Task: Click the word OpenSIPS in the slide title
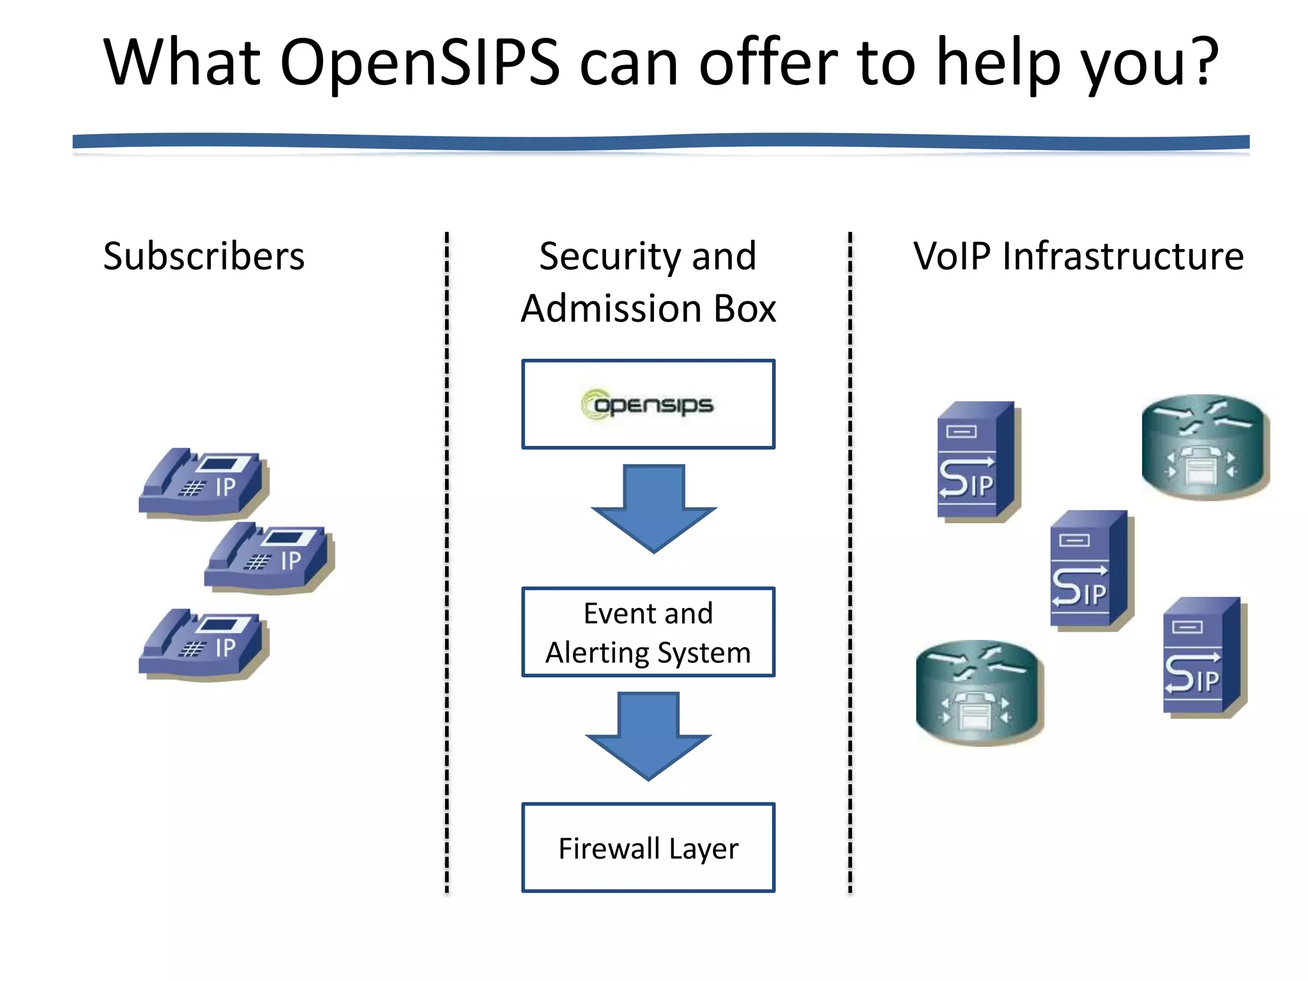[x=420, y=63]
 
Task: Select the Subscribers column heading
[x=204, y=256]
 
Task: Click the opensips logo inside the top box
[x=648, y=404]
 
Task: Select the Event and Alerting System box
[x=648, y=632]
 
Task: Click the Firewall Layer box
[x=648, y=847]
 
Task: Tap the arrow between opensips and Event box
[x=653, y=508]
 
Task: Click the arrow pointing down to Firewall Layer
[x=648, y=736]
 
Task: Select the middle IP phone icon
[x=269, y=557]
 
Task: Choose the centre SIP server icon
[x=1090, y=569]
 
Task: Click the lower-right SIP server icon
[x=1203, y=656]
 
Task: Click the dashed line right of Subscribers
[x=447, y=562]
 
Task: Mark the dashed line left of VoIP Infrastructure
[x=850, y=562]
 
